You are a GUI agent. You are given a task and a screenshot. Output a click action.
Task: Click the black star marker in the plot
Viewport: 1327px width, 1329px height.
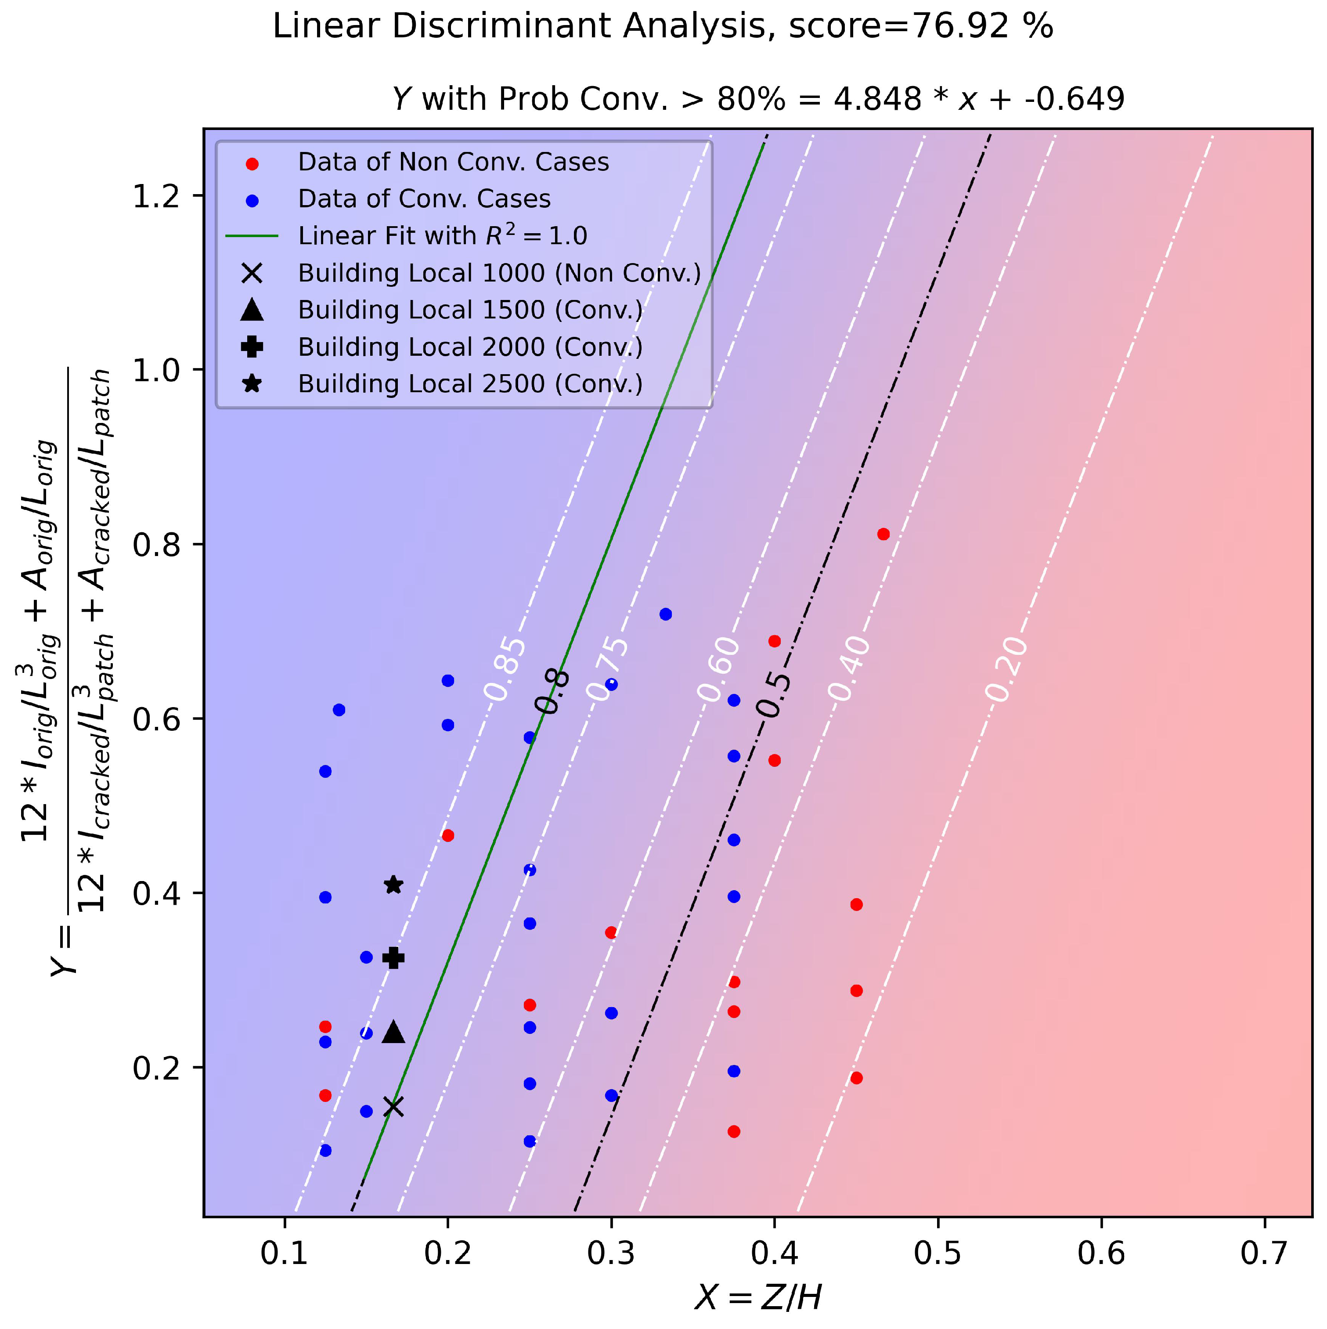point(393,885)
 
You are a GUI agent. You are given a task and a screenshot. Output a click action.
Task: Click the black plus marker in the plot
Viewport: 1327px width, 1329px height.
point(393,957)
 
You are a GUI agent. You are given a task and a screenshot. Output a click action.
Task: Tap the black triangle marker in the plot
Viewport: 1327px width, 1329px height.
point(393,1032)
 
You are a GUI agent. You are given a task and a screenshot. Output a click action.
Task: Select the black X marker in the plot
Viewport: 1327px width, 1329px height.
point(393,1106)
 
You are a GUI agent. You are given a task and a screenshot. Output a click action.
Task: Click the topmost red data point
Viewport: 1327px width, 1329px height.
point(883,534)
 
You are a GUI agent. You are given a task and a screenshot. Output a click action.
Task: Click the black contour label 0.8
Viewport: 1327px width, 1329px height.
point(552,691)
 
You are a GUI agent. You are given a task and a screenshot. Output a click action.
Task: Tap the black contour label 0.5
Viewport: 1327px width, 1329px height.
point(773,695)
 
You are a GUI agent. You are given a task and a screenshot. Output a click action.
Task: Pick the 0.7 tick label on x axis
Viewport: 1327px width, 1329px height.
point(1264,1253)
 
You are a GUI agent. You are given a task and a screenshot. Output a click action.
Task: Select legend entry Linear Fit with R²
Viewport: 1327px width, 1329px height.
point(442,235)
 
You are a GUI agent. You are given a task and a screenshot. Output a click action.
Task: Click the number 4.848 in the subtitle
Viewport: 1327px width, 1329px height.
point(876,99)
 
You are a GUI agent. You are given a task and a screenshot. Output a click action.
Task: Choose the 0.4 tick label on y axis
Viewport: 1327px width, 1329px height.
point(156,894)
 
